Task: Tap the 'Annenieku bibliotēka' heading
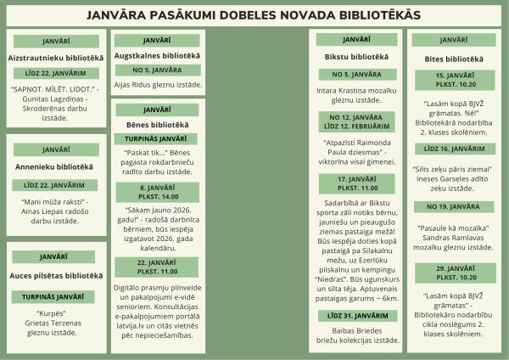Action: (55, 166)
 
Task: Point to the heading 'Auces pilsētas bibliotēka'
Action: (55, 275)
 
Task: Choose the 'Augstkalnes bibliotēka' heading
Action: (157, 56)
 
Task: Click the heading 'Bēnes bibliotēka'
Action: (157, 125)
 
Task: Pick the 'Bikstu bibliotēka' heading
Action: (357, 57)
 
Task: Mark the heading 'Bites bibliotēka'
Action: (454, 59)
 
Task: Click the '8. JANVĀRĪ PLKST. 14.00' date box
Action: (157, 192)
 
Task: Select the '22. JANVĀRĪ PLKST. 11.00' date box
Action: (157, 266)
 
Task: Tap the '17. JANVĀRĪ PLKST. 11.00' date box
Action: (357, 183)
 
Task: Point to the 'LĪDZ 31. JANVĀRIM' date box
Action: (357, 316)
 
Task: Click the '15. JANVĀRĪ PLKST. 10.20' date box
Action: (454, 80)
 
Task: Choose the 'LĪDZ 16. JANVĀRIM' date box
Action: (454, 148)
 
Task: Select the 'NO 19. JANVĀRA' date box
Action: (454, 206)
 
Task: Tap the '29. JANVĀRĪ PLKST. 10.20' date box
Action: (454, 273)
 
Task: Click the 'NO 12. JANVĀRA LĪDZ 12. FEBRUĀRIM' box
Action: (357, 121)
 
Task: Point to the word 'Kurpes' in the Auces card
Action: (55, 312)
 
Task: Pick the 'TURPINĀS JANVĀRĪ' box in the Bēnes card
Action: (157, 138)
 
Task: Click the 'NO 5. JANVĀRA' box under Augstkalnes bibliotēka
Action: (157, 70)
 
